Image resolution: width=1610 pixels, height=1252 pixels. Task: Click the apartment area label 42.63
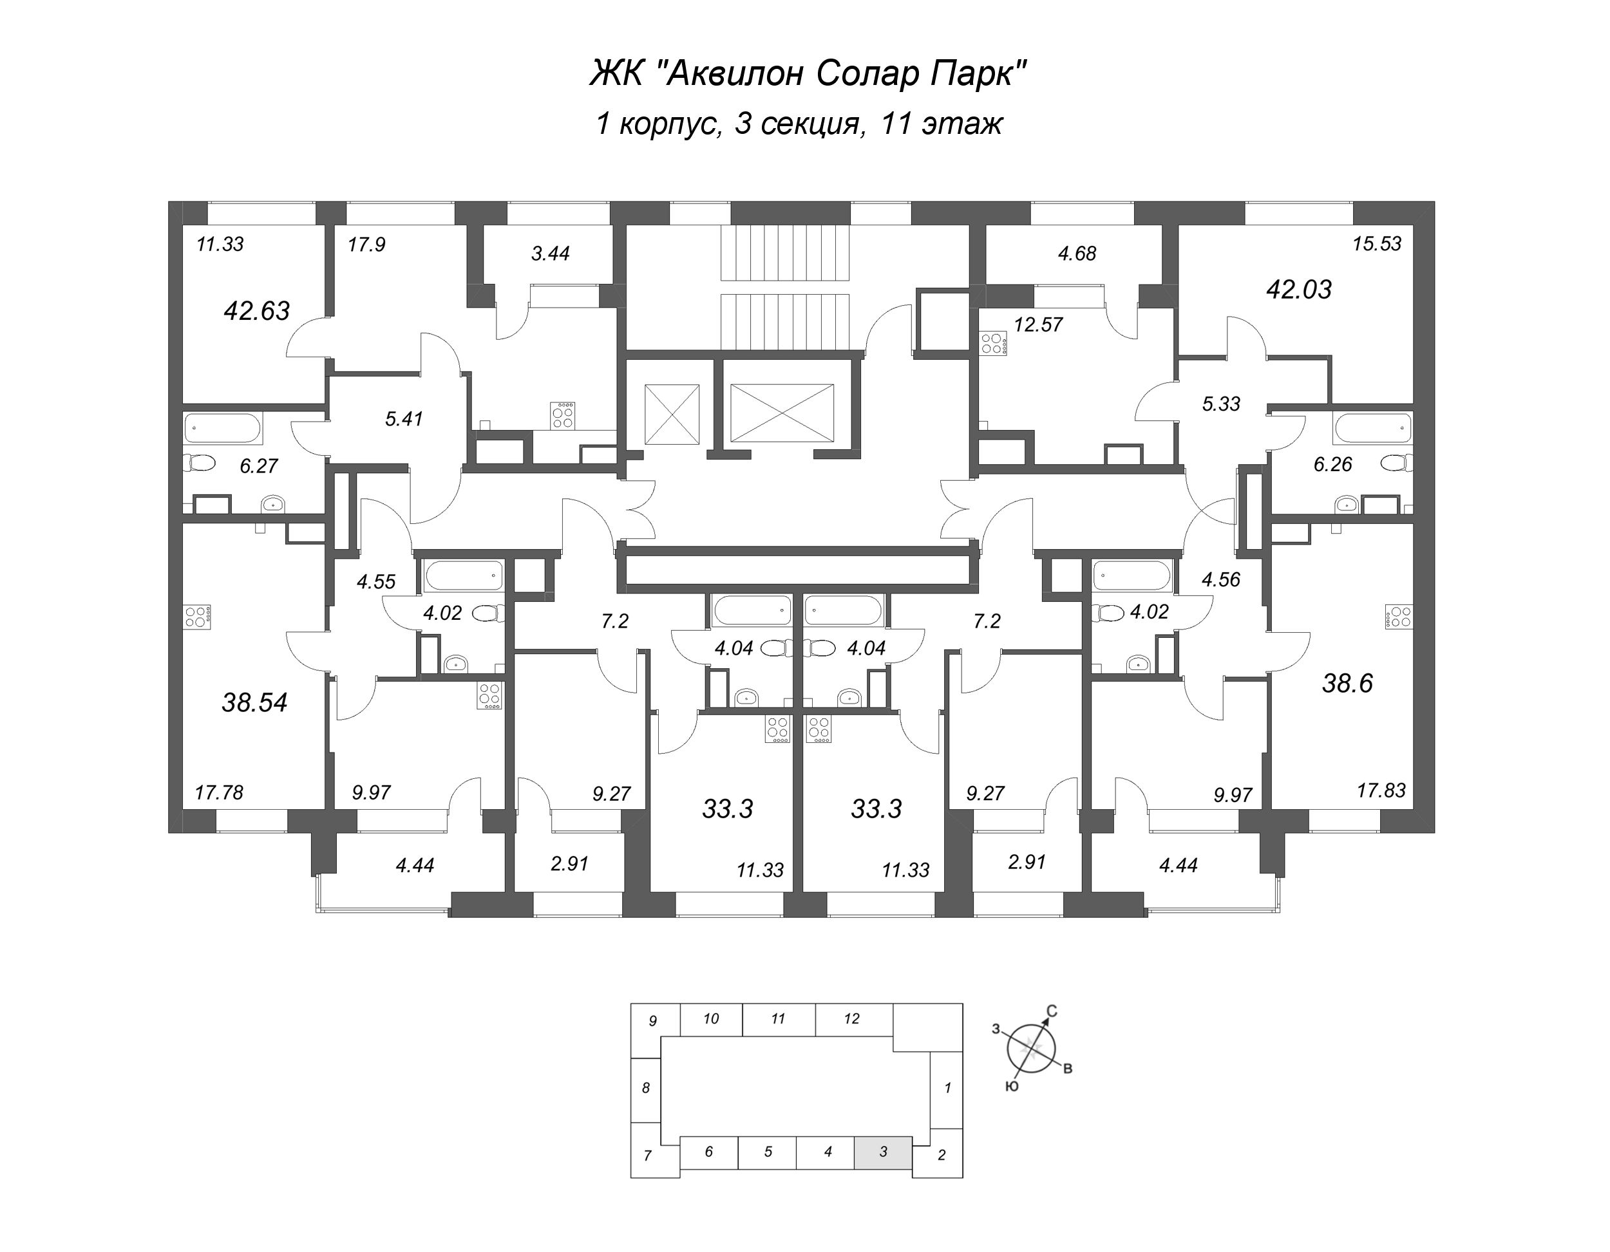[x=256, y=311]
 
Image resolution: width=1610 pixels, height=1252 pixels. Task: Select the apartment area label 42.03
[x=1298, y=290]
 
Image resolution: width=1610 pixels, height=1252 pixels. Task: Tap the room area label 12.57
[x=1038, y=324]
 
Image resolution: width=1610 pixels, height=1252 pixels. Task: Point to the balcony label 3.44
[x=550, y=254]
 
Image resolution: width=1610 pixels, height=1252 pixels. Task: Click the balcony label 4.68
[x=1077, y=254]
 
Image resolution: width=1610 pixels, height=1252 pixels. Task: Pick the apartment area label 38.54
[x=254, y=702]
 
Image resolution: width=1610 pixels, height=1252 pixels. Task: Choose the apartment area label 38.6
[x=1347, y=683]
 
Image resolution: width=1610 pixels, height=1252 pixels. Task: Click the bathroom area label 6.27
[x=259, y=466]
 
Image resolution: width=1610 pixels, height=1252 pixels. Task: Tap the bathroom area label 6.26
[x=1333, y=464]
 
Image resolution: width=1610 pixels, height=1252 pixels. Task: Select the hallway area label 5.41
[x=404, y=418]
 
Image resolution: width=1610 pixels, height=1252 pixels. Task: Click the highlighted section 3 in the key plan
[x=883, y=1152]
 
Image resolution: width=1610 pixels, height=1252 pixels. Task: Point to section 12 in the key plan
[x=852, y=1019]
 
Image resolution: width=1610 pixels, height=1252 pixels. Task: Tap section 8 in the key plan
[x=646, y=1088]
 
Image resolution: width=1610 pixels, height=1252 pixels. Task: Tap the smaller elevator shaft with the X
[x=672, y=414]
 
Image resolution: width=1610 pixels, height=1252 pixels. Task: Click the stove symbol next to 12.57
[x=993, y=343]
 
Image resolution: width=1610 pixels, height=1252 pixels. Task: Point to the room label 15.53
[x=1376, y=244]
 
